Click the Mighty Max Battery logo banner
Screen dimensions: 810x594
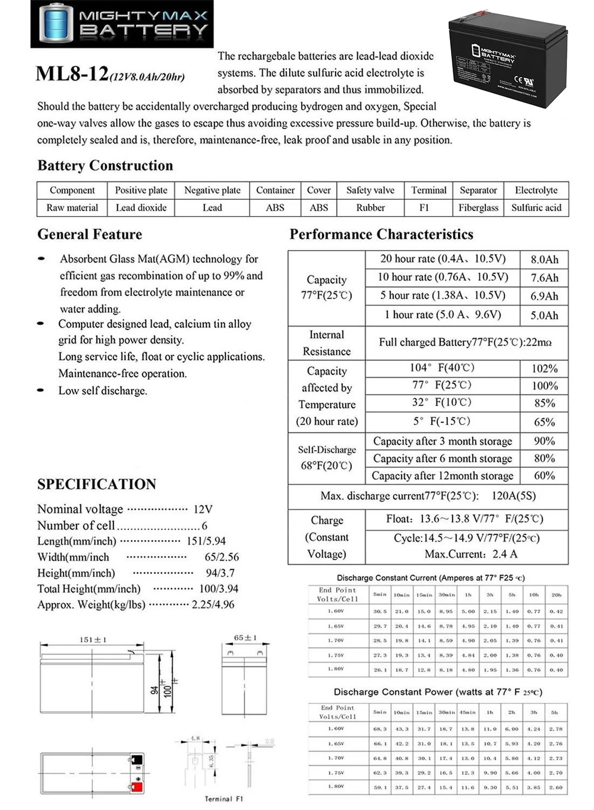pyautogui.click(x=122, y=24)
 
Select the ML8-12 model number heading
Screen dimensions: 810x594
pyautogui.click(x=72, y=74)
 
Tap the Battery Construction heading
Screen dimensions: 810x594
pyautogui.click(x=105, y=166)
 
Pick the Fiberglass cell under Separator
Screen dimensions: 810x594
pyautogui.click(x=478, y=208)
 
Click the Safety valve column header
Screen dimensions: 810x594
pyautogui.click(x=370, y=190)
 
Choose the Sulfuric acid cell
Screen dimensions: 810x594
pyautogui.click(x=536, y=208)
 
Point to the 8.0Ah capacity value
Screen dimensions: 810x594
pyautogui.click(x=544, y=260)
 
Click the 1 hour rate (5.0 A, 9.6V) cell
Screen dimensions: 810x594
pyautogui.click(x=442, y=315)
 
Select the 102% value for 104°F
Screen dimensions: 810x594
pyautogui.click(x=544, y=369)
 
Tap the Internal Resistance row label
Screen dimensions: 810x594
pyautogui.click(x=326, y=343)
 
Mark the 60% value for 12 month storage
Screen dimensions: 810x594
pyautogui.click(x=544, y=476)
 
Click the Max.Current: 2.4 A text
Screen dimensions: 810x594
pyautogui.click(x=470, y=554)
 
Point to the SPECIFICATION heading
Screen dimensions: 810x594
pyautogui.click(x=97, y=484)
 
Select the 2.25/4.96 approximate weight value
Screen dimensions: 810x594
pyautogui.click(x=213, y=605)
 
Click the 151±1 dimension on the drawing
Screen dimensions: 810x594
pyautogui.click(x=93, y=640)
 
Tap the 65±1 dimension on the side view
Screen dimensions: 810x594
pyautogui.click(x=245, y=638)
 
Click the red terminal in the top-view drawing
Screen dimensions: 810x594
pyautogui.click(x=136, y=787)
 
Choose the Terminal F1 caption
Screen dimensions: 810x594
pyautogui.click(x=224, y=799)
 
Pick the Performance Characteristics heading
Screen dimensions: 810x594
pyautogui.click(x=381, y=234)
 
